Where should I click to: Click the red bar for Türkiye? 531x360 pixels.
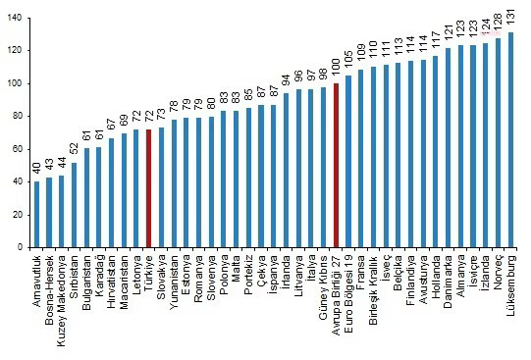tap(148, 188)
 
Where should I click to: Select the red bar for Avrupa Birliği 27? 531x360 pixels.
tap(336, 165)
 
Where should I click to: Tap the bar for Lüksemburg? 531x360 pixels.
tap(510, 139)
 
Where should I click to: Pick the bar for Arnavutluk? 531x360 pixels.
tap(36, 214)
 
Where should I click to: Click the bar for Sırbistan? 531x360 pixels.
tap(75, 205)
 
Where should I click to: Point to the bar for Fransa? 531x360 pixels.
tap(360, 158)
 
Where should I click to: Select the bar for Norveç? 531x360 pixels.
tap(499, 143)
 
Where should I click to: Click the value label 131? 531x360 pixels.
tap(510, 17)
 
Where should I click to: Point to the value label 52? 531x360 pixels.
tap(75, 149)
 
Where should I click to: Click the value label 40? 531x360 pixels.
tap(36, 168)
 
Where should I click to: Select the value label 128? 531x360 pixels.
tap(499, 23)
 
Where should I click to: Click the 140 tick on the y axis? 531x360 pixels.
tap(15, 18)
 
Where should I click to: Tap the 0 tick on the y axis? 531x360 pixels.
tap(20, 247)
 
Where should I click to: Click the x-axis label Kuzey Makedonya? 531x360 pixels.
tap(61, 300)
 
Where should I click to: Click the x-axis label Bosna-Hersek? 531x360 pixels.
tap(49, 289)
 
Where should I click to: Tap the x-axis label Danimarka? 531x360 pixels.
tap(448, 282)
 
